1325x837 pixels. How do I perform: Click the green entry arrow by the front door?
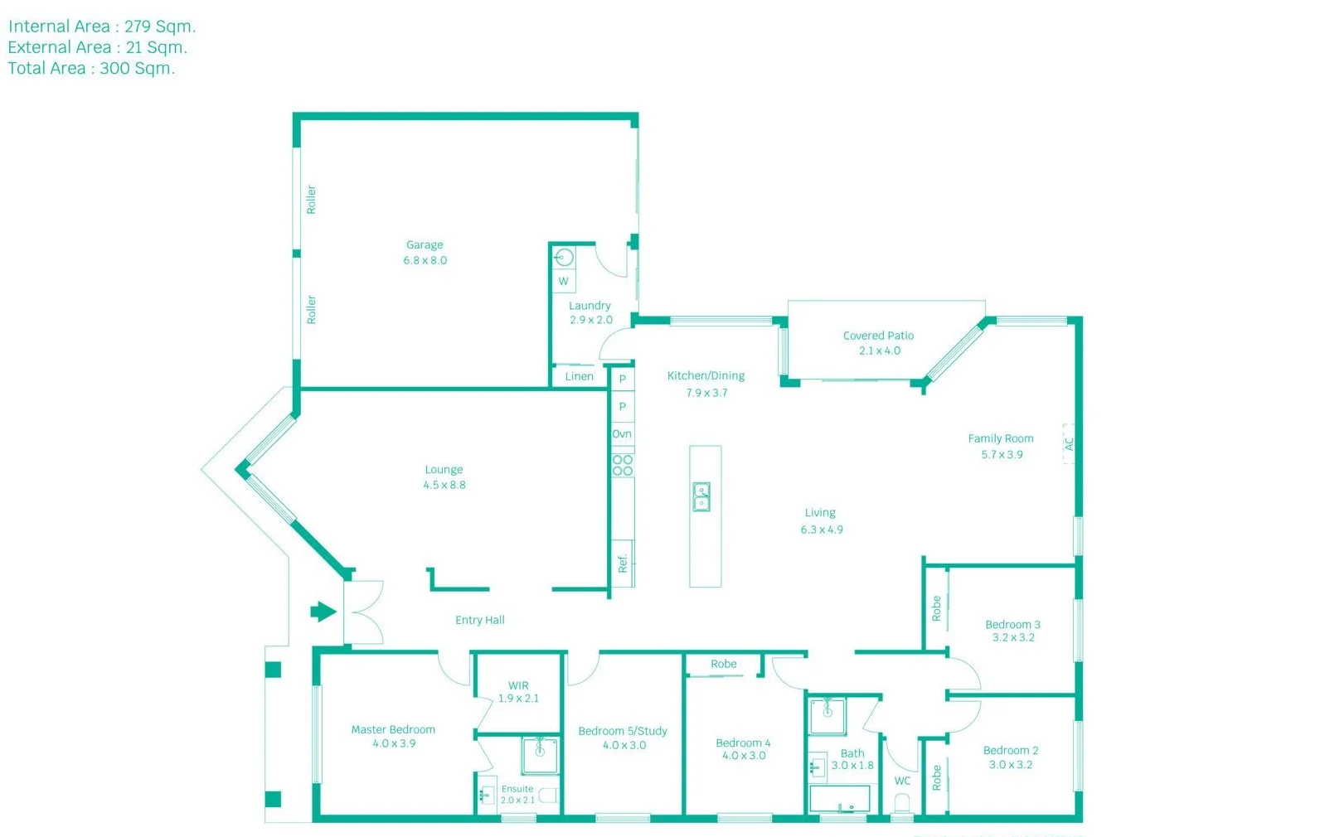point(323,612)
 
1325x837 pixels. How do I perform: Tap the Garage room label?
point(425,245)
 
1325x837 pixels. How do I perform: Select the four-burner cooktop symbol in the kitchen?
point(623,465)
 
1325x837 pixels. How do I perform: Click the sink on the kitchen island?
point(701,496)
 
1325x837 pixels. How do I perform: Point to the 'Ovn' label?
point(622,434)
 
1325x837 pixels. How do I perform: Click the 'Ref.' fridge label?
point(623,564)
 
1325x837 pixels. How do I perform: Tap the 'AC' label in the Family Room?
point(1069,444)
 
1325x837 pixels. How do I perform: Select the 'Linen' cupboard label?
point(579,376)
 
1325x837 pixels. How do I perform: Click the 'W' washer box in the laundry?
point(564,282)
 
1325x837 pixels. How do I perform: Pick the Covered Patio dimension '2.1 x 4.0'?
point(879,351)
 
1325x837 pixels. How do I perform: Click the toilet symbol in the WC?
point(902,804)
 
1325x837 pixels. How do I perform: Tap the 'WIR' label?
point(518,685)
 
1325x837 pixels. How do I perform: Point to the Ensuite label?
point(517,789)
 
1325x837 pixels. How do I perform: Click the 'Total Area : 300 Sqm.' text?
point(91,69)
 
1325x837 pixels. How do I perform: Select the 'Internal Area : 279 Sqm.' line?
point(102,27)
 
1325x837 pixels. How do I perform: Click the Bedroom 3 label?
point(1012,624)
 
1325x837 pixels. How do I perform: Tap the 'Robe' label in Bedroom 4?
point(723,664)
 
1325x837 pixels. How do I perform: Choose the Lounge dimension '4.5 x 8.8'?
point(444,485)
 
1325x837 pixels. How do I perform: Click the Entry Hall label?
point(479,620)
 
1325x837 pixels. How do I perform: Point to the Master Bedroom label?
point(393,730)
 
